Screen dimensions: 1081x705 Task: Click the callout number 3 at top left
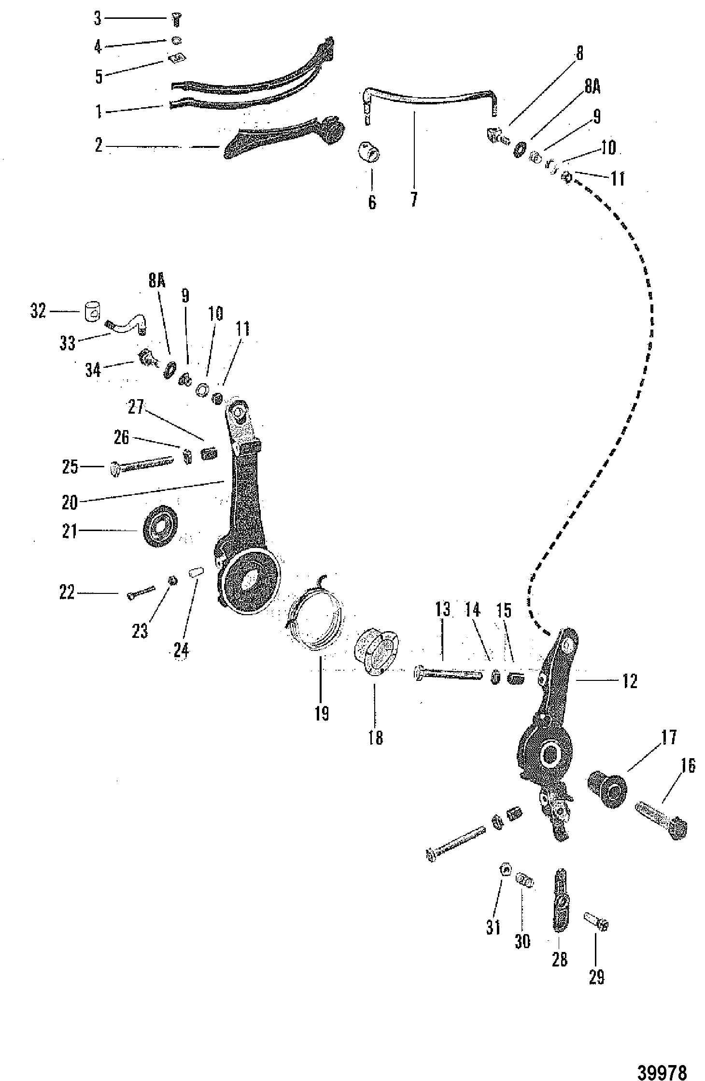click(98, 19)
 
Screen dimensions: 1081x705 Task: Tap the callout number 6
click(372, 202)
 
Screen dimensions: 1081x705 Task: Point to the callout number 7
click(414, 198)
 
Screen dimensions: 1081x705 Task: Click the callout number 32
click(38, 311)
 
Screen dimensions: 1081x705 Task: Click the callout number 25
click(70, 467)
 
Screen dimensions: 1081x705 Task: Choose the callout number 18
click(376, 737)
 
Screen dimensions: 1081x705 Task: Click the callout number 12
click(630, 681)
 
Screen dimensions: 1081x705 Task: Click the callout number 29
click(596, 977)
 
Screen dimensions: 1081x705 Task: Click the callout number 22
click(67, 592)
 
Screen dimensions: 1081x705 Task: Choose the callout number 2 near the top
click(99, 145)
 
